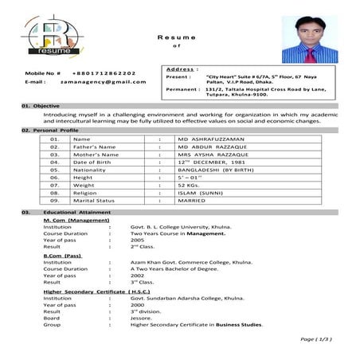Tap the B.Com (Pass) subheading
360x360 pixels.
[62, 256]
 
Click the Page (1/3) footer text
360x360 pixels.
[315, 339]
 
